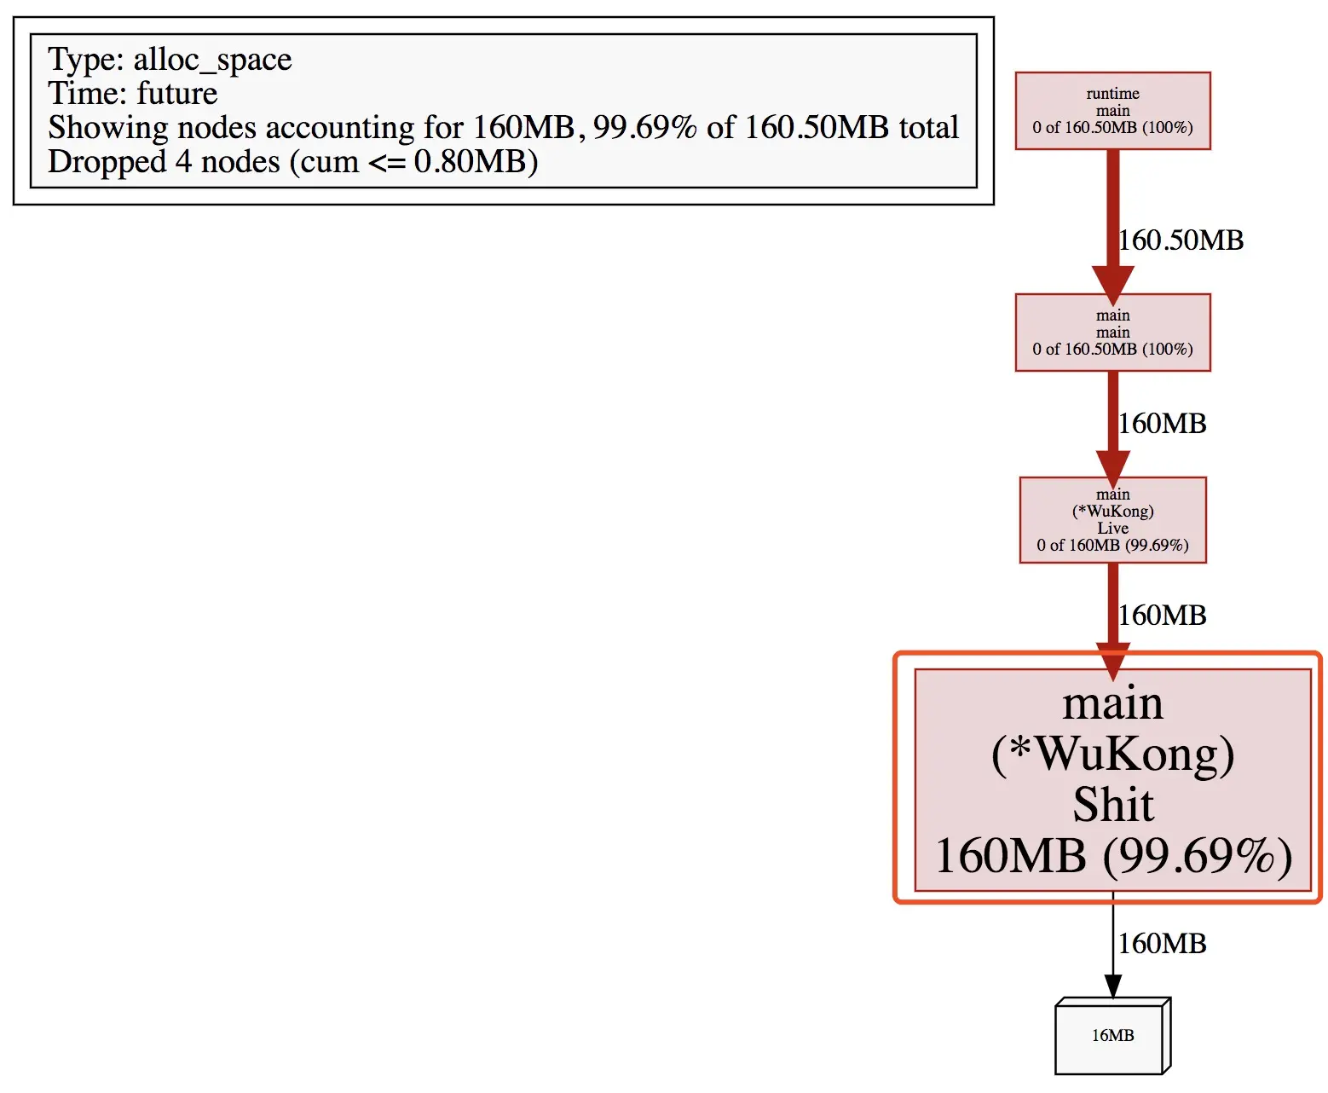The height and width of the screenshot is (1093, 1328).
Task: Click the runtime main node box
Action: [x=1112, y=111]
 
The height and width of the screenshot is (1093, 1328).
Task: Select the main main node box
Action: [x=1112, y=332]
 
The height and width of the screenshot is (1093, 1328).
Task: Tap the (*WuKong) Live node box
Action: [x=1112, y=520]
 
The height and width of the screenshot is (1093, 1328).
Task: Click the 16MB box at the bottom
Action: [x=1112, y=1035]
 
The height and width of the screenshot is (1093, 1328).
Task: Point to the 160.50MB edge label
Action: [x=1181, y=240]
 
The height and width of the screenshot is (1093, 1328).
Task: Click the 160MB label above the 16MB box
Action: [x=1162, y=944]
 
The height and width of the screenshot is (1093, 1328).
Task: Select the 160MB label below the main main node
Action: [x=1162, y=424]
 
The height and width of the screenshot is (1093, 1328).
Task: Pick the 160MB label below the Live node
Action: [x=1162, y=616]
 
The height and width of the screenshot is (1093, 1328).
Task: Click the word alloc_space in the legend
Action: [x=212, y=61]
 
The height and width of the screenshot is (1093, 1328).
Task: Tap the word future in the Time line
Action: [x=177, y=93]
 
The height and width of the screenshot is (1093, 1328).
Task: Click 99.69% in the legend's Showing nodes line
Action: [x=644, y=127]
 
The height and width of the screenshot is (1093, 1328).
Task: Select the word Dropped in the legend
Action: [x=107, y=163]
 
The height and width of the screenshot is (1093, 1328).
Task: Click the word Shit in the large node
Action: [x=1113, y=805]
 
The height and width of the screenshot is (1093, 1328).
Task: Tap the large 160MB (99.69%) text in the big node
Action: [x=1113, y=855]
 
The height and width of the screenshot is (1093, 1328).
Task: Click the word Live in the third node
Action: [x=1112, y=528]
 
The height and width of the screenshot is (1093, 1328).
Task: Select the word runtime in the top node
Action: [x=1112, y=94]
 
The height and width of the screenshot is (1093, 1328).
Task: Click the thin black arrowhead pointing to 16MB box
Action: [x=1112, y=986]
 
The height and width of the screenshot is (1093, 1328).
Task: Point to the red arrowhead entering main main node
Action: [x=1112, y=286]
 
